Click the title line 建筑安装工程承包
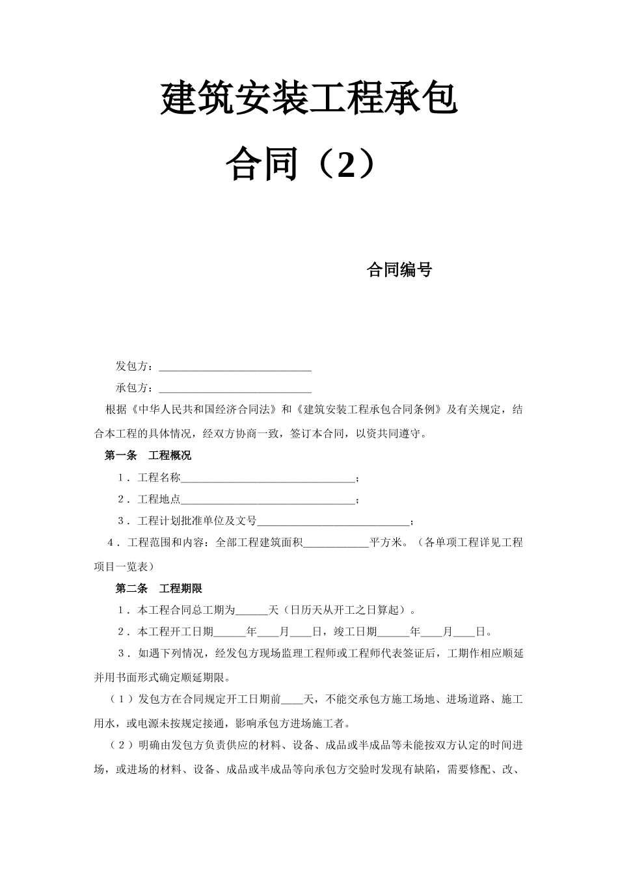pyautogui.click(x=309, y=99)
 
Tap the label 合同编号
pyautogui.click(x=399, y=270)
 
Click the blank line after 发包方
pyautogui.click(x=235, y=367)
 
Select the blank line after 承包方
pyautogui.click(x=235, y=389)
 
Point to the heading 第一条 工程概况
pyautogui.click(x=148, y=455)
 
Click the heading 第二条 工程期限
pyautogui.click(x=159, y=589)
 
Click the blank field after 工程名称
pyautogui.click(x=268, y=479)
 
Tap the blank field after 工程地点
pyautogui.click(x=268, y=501)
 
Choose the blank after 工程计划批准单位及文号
pyautogui.click(x=333, y=522)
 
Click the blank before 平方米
pyautogui.click(x=336, y=544)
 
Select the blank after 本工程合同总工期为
pyautogui.click(x=250, y=611)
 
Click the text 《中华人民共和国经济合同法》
pyautogui.click(x=204, y=410)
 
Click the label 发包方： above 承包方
pyautogui.click(x=135, y=367)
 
